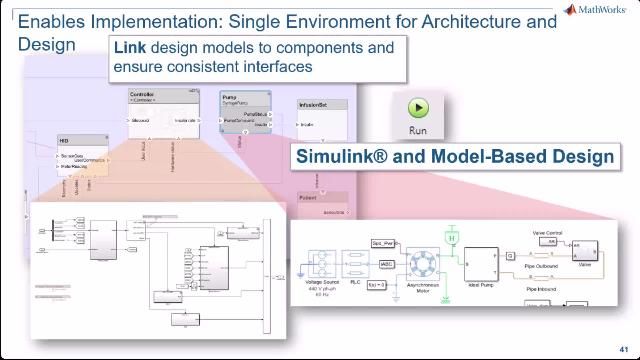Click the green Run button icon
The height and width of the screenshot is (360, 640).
[418, 108]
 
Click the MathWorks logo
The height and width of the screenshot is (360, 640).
[597, 10]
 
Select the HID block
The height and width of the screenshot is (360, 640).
[81, 156]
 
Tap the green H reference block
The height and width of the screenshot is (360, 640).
[451, 238]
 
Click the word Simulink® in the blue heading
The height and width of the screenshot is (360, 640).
[336, 157]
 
